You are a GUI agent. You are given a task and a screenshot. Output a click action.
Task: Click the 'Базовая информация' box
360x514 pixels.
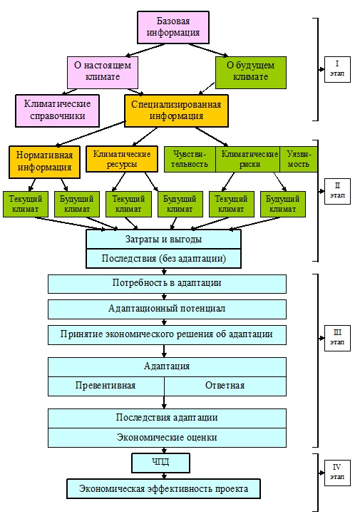173,27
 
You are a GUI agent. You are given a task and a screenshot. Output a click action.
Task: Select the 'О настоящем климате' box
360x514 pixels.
103,73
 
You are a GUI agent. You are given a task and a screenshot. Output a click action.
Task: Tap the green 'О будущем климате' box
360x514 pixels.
251,73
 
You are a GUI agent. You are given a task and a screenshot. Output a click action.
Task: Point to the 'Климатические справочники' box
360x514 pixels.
57,110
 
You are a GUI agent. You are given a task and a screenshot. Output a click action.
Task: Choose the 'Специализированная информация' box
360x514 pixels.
176,110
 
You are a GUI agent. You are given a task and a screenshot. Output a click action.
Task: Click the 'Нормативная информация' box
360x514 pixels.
44,162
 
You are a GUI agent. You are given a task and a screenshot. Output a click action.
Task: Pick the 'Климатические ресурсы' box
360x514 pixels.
122,159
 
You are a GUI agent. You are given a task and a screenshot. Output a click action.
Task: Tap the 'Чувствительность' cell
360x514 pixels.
190,159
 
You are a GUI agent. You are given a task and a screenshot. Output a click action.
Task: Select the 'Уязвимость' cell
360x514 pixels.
299,159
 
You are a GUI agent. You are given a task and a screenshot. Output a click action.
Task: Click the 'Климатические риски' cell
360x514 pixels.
248,159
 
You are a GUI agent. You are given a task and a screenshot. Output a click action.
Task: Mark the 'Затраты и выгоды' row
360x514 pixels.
164,239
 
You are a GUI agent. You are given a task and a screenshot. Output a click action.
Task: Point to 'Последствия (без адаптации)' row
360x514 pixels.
164,258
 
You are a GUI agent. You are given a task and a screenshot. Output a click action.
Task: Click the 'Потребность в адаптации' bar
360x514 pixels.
167,284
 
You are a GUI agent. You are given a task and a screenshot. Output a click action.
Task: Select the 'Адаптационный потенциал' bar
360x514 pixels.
167,309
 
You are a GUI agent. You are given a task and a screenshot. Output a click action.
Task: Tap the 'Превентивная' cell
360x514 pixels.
106,386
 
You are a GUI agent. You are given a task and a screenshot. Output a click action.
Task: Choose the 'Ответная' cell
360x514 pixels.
225,386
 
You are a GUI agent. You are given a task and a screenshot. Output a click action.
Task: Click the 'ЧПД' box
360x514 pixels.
160,463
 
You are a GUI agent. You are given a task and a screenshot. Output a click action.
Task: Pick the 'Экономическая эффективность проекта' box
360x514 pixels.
164,489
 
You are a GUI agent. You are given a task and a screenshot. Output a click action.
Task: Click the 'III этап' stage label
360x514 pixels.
337,338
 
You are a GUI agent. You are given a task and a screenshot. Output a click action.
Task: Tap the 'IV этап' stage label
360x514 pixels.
337,473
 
